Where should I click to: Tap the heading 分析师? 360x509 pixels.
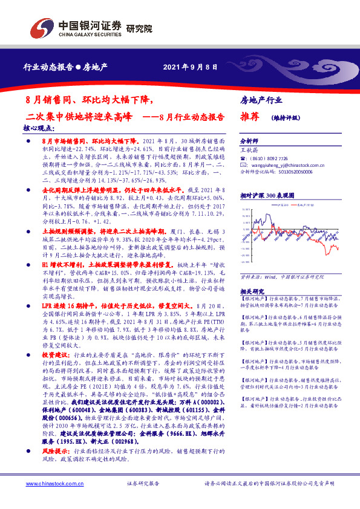249,138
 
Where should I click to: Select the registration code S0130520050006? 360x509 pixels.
300,171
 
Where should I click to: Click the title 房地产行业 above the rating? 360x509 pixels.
261,99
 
